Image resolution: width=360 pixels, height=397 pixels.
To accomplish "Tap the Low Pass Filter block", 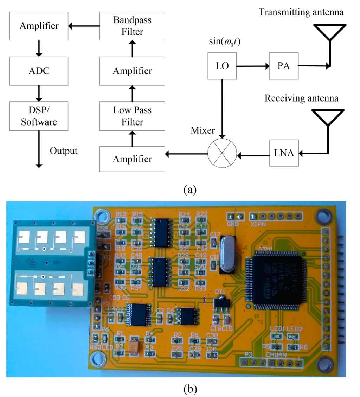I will tap(132, 116).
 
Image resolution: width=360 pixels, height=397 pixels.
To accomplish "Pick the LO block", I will tap(223, 66).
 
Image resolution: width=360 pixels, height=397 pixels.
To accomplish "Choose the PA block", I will tap(283, 66).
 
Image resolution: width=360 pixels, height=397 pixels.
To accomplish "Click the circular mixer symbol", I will tap(222, 153).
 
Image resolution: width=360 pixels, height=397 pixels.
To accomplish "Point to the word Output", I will tap(63, 151).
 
